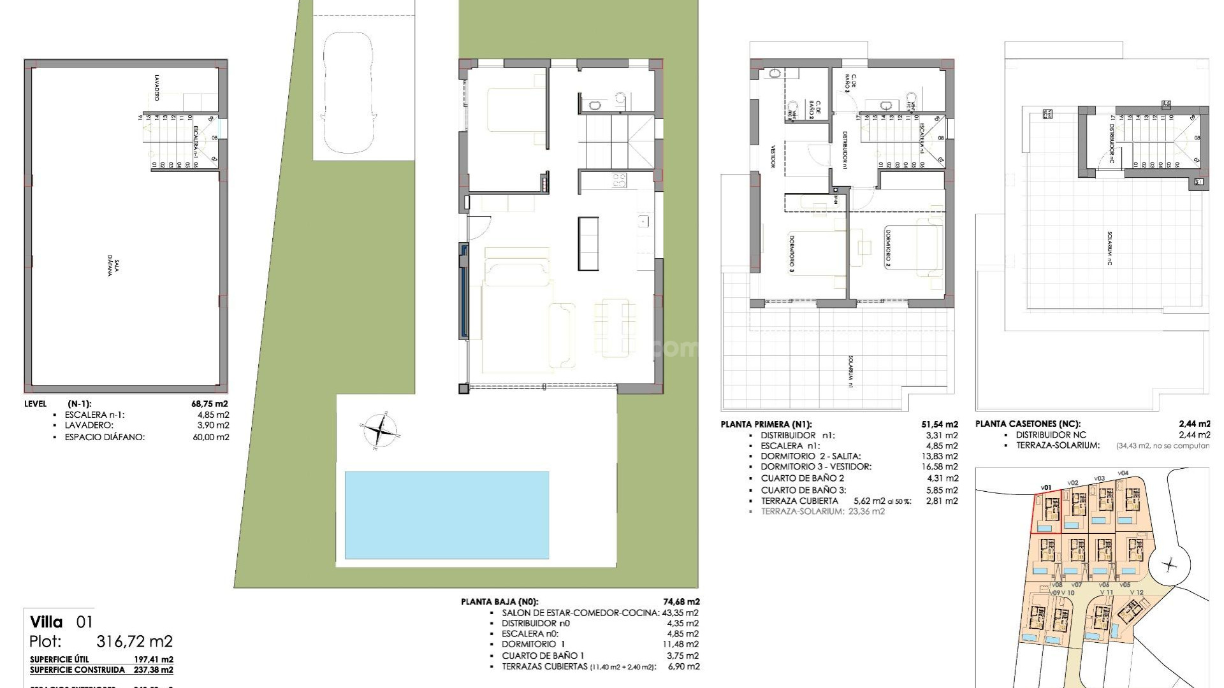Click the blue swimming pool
pos(446,515)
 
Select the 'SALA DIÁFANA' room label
pos(114,264)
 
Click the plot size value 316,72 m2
pos(134,641)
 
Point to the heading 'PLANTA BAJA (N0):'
pos(500,601)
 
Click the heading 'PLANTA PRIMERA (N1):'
pos(766,424)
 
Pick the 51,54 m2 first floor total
pos(940,424)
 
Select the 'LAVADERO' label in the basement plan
pos(156,88)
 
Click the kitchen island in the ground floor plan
pos(588,243)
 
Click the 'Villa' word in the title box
pos(47,622)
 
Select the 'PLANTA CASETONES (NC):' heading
pos(1028,424)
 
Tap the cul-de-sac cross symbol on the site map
pos(1169,564)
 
